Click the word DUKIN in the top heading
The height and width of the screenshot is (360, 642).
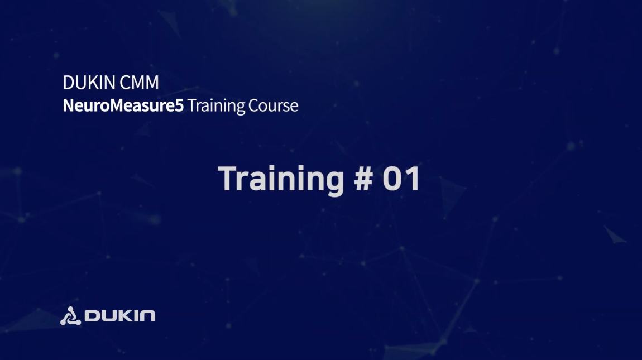click(x=88, y=83)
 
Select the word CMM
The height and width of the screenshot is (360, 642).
click(x=139, y=83)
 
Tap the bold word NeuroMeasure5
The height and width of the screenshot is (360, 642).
click(x=123, y=105)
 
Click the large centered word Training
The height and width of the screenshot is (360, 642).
click(x=281, y=179)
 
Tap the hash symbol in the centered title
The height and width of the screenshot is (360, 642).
click(x=363, y=179)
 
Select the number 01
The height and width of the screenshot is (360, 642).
click(x=401, y=179)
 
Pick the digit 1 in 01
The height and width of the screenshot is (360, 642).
click(x=414, y=179)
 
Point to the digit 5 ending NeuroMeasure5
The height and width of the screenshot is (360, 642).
click(x=179, y=105)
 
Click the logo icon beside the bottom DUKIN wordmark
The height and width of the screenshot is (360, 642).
click(x=70, y=316)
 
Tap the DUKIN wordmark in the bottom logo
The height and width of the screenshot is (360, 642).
click(x=120, y=316)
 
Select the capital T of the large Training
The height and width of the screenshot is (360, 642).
click(x=228, y=178)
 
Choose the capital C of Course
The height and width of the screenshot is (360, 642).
click(x=254, y=105)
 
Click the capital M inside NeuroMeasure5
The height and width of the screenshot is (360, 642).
click(x=117, y=105)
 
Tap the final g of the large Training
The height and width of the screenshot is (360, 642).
click(x=334, y=183)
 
